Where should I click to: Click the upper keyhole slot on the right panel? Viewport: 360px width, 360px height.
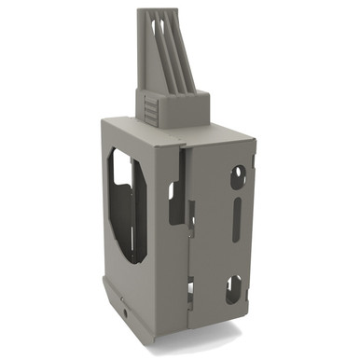point(239,174)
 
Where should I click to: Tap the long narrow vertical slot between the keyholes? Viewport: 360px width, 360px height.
point(237,228)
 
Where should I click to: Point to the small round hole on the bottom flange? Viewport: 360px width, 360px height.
point(126,302)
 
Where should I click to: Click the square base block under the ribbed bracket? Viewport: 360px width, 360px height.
point(173,106)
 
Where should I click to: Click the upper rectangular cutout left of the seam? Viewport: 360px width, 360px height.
point(174,201)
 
